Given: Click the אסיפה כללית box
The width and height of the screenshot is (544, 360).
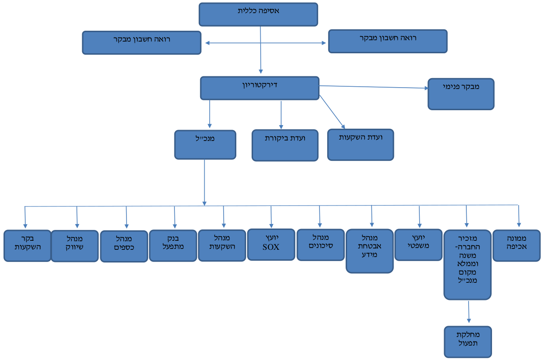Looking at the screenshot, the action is coord(258,14).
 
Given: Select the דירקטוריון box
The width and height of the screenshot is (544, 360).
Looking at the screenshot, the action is coord(260,88).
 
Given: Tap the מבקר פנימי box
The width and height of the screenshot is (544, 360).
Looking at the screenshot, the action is coord(461,94).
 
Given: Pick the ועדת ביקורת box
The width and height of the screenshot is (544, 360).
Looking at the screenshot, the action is coord(285,145).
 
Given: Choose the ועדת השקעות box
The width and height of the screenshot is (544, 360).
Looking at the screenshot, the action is coord(361,145).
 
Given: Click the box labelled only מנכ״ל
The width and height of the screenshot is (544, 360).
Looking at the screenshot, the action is coord(205,145).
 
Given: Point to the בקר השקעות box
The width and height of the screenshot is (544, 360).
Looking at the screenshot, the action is coord(28,246).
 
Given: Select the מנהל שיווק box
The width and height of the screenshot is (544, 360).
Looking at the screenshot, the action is coord(75,246).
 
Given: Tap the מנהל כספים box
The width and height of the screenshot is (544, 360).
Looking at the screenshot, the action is coord(124,246).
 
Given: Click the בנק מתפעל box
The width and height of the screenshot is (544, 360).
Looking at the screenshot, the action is coord(173,246).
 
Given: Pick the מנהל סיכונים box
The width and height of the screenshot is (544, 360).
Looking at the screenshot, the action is coord(321,245).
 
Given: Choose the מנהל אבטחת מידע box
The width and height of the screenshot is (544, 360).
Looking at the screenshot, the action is coord(370,251).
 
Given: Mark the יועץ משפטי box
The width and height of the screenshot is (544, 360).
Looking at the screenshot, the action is coord(418,245).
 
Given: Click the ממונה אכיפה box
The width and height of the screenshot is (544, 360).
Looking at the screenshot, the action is coord(516,246).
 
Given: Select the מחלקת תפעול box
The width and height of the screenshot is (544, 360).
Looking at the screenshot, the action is coord(468,342).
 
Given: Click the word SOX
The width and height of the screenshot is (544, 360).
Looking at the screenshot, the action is coord(271,247).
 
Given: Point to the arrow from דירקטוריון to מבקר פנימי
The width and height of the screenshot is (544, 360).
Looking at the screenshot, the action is coord(374,87).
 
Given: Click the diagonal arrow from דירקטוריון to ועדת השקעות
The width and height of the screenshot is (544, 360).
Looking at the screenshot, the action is coord(332,112).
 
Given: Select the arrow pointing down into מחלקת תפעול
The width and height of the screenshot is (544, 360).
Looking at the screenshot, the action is coord(469,312).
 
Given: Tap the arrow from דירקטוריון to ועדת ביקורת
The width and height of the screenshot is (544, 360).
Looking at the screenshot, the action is coord(281,115).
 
